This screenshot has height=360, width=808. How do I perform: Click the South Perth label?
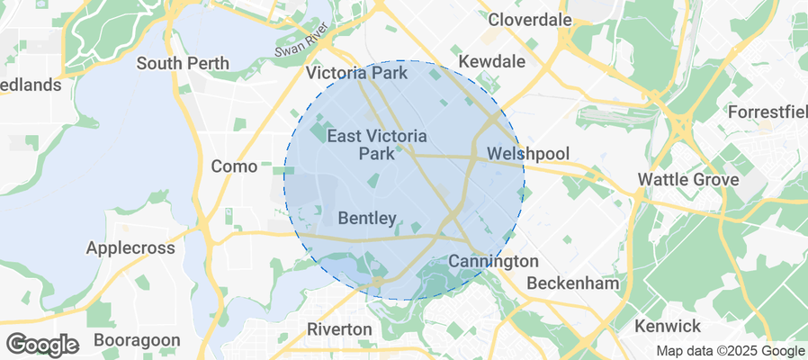pos(183,64)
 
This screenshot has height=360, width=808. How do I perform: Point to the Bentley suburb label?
pos(367,218)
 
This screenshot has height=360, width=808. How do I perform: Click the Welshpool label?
pos(528,154)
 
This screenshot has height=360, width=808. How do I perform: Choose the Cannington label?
pos(492,261)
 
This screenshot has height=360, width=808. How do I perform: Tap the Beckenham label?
pos(573,283)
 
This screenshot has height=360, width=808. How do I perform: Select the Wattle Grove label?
pos(688,179)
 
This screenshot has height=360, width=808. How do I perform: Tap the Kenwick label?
pos(668,325)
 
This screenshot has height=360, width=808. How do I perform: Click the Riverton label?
pos(339,329)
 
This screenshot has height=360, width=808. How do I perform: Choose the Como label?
pos(234,166)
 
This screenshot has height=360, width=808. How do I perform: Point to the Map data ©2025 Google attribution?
pos(730,351)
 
